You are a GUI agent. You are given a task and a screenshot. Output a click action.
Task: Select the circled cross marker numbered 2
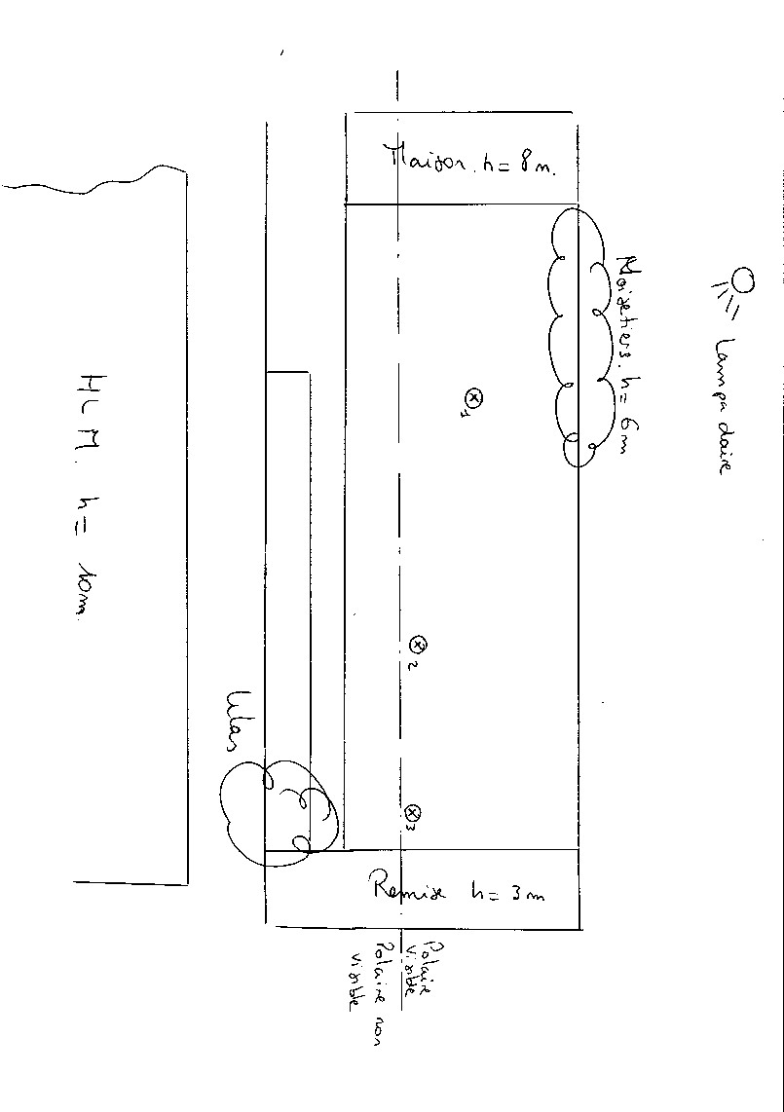pyautogui.click(x=419, y=644)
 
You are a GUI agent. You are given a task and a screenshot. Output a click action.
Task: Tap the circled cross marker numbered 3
pyautogui.click(x=413, y=812)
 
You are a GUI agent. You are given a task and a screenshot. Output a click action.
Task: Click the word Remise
pyautogui.click(x=408, y=887)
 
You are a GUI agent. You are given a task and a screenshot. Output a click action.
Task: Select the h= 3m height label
pyautogui.click(x=507, y=891)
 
